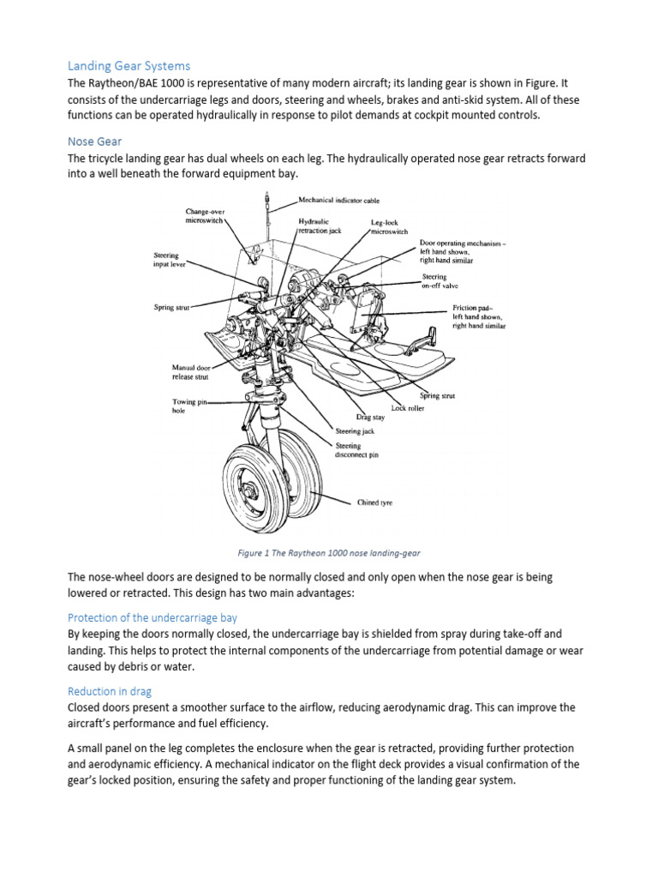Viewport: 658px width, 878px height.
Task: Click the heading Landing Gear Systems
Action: click(129, 66)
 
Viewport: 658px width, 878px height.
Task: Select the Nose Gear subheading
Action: click(97, 142)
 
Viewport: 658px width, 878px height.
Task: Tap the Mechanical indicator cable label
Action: click(339, 200)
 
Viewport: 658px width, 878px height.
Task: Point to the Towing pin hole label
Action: click(185, 406)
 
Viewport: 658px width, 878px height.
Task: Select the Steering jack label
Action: click(355, 431)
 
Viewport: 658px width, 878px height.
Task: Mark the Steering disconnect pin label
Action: click(356, 450)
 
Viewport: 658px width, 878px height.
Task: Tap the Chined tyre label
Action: click(374, 502)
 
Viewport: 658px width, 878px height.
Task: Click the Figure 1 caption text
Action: click(329, 553)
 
